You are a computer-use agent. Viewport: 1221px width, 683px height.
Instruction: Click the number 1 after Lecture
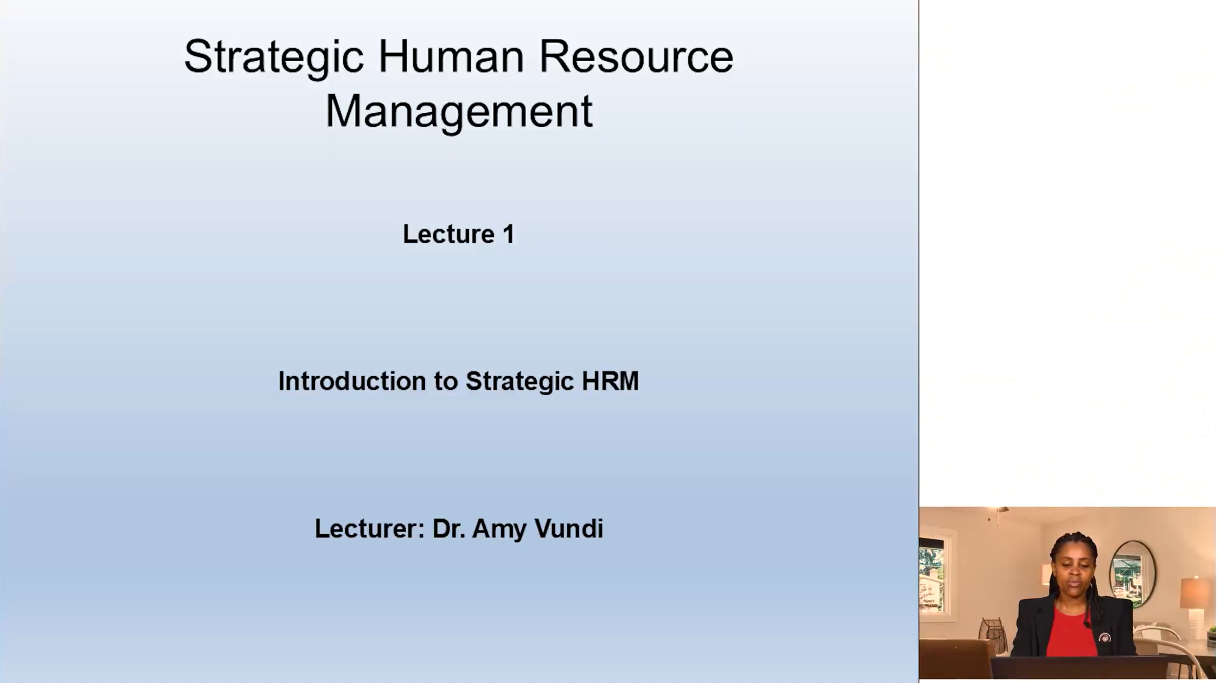pyautogui.click(x=509, y=234)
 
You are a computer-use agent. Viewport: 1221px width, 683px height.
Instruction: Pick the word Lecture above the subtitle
pyautogui.click(x=449, y=234)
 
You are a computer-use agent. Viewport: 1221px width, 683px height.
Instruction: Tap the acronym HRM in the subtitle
pyautogui.click(x=610, y=381)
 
